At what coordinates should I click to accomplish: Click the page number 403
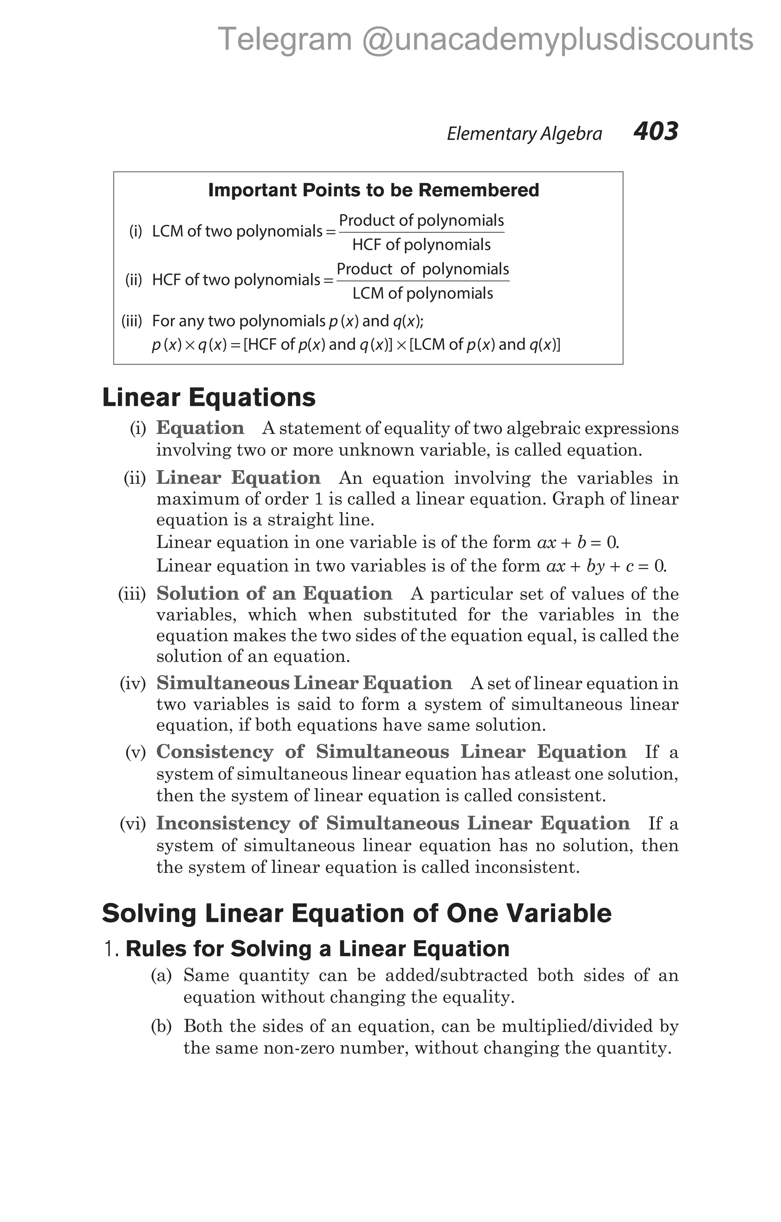(x=655, y=132)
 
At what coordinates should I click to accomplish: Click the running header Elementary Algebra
(x=524, y=133)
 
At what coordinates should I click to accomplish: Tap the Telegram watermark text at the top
(x=485, y=40)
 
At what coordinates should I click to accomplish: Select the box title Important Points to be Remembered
(x=373, y=190)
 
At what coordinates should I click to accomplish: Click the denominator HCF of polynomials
(x=421, y=245)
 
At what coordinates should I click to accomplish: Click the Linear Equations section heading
(x=209, y=397)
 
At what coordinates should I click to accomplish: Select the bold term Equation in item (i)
(x=200, y=428)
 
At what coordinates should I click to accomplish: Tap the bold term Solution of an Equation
(x=274, y=593)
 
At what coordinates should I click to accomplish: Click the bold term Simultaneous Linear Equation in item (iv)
(x=304, y=683)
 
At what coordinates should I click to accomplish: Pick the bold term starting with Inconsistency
(x=392, y=823)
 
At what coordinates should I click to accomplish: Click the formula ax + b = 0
(x=577, y=543)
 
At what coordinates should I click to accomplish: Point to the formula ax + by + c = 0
(x=606, y=566)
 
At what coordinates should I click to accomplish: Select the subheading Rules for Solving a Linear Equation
(x=317, y=949)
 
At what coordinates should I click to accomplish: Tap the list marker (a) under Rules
(x=161, y=975)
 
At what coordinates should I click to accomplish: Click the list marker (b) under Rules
(x=161, y=1026)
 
